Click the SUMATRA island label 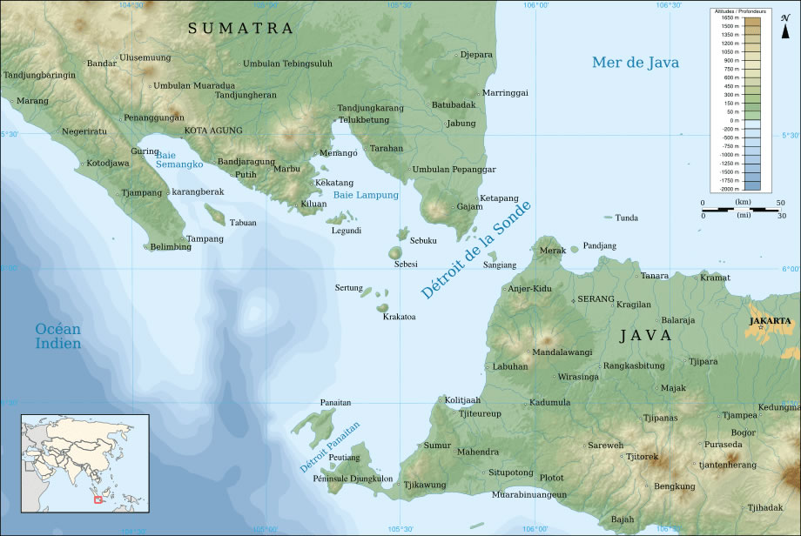click(241, 29)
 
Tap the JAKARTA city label click(770, 320)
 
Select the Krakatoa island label click(399, 317)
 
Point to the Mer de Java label click(635, 62)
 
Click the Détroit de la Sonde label click(475, 250)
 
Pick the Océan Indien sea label click(58, 336)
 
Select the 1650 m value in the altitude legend click(730, 17)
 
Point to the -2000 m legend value click(730, 188)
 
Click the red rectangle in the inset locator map click(98, 499)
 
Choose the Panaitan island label click(335, 403)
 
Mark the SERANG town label click(596, 298)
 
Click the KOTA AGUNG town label click(212, 131)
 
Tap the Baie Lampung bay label click(366, 195)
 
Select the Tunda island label click(627, 218)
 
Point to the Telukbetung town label click(363, 119)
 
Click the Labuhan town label click(510, 366)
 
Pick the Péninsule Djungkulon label click(357, 479)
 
